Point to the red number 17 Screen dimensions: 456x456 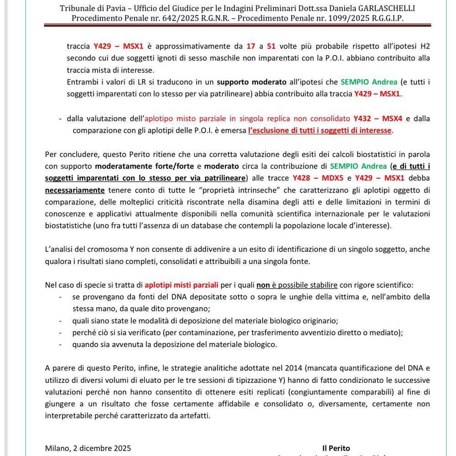[251, 46]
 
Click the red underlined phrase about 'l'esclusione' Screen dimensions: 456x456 [320, 130]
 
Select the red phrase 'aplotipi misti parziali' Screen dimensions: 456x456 [181, 285]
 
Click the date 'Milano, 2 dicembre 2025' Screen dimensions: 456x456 [88, 448]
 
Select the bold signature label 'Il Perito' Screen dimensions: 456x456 [336, 448]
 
